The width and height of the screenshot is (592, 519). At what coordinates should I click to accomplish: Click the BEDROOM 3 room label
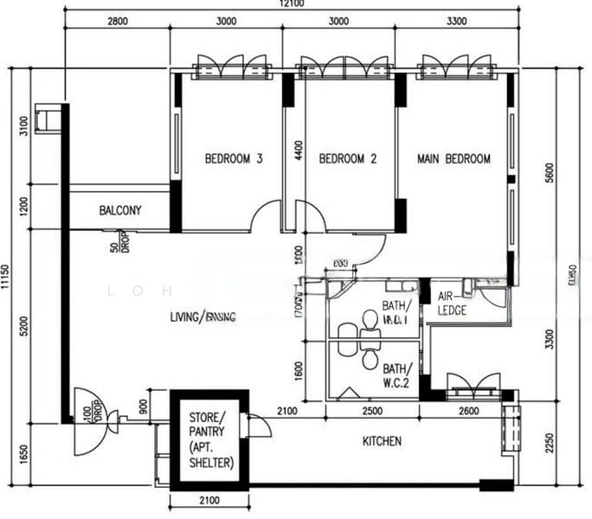[x=234, y=159]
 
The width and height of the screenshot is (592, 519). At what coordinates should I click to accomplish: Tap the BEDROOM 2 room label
[x=348, y=159]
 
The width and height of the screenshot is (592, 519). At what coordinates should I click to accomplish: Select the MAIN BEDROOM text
[x=454, y=159]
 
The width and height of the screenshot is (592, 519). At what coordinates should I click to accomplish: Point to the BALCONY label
[x=120, y=210]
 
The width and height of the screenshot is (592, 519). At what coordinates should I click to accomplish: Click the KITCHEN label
[x=381, y=441]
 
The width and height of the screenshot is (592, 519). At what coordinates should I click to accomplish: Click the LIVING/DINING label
[x=203, y=317]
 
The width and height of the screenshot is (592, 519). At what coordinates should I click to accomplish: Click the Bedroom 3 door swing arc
[x=267, y=216]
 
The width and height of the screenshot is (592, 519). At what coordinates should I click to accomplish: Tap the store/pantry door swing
[x=259, y=426]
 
